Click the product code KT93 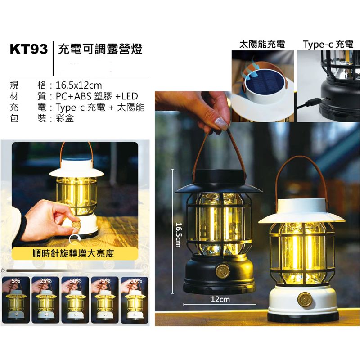(29, 49)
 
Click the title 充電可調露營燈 (100, 49)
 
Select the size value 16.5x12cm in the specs (79, 85)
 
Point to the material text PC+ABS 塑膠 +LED (97, 96)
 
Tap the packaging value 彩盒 (65, 118)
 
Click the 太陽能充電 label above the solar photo (262, 44)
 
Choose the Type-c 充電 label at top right (328, 44)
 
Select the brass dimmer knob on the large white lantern (305, 300)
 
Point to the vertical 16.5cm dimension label (178, 234)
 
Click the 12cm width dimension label (220, 299)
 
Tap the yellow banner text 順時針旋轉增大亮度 (73, 253)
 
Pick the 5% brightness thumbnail (16, 300)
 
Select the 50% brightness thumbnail (75, 300)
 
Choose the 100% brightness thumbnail (135, 300)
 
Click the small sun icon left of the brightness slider (3, 271)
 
